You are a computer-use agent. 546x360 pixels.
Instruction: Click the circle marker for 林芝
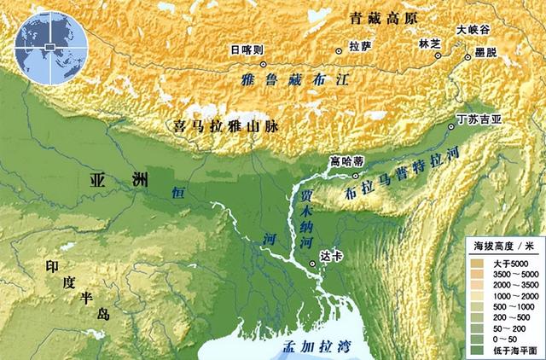437,56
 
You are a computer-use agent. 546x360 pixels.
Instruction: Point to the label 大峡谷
473,28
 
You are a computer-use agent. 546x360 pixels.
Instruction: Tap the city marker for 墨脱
468,57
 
